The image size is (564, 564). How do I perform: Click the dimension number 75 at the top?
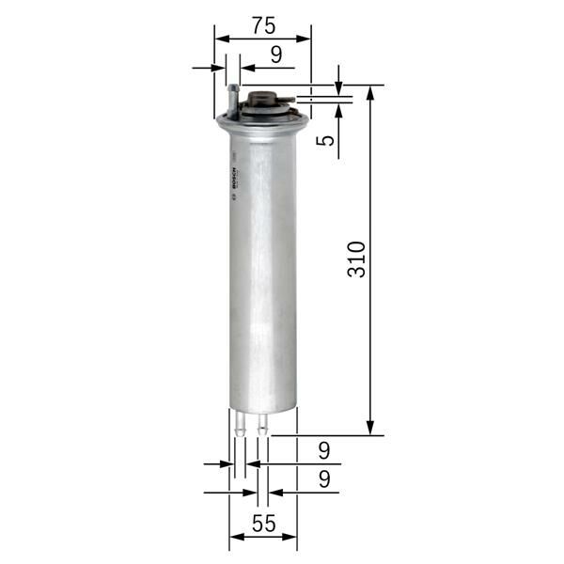coord(262,23)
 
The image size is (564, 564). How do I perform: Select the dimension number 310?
coord(356,258)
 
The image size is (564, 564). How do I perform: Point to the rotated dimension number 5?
coord(324,141)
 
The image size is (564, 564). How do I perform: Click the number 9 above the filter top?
coord(275,55)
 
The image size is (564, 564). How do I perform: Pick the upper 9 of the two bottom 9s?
coord(323,449)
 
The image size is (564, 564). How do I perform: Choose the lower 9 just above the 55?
coord(323,478)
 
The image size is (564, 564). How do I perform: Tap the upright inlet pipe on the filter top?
coord(232,98)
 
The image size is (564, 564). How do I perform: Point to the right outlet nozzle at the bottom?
coord(262,424)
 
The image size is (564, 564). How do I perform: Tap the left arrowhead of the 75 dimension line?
coord(221,39)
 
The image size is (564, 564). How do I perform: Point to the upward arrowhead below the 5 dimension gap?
coord(338,105)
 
